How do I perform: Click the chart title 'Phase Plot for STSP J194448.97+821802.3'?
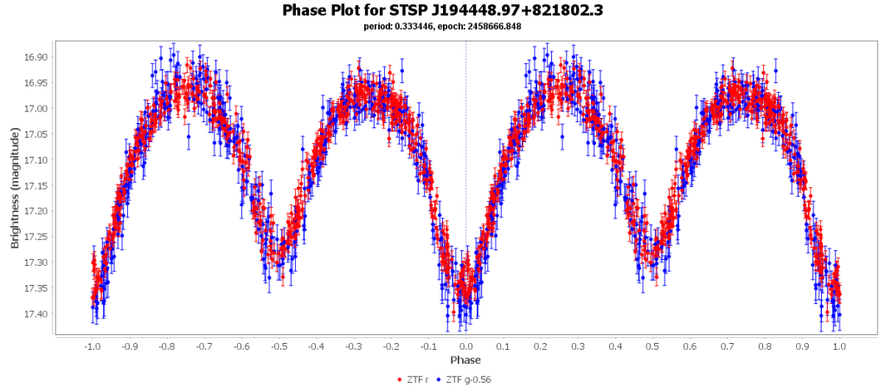pyautogui.click(x=442, y=10)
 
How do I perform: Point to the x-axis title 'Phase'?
pyautogui.click(x=465, y=359)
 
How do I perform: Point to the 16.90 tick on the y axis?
pyautogui.click(x=36, y=57)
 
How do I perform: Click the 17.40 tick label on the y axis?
pyautogui.click(x=36, y=314)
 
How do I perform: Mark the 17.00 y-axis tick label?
pyautogui.click(x=36, y=108)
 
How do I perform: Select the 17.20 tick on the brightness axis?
pyautogui.click(x=36, y=211)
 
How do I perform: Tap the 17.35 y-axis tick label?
pyautogui.click(x=36, y=288)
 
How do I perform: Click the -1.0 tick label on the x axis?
pyautogui.click(x=92, y=346)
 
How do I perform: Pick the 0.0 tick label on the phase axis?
pyautogui.click(x=465, y=346)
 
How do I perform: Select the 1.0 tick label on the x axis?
pyautogui.click(x=839, y=346)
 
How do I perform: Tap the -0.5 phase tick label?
pyautogui.click(x=279, y=346)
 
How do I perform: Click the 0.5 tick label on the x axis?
pyautogui.click(x=652, y=346)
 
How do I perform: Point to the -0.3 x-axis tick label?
pyautogui.click(x=353, y=346)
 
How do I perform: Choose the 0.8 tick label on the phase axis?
pyautogui.click(x=765, y=346)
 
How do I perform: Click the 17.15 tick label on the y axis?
pyautogui.click(x=36, y=185)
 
